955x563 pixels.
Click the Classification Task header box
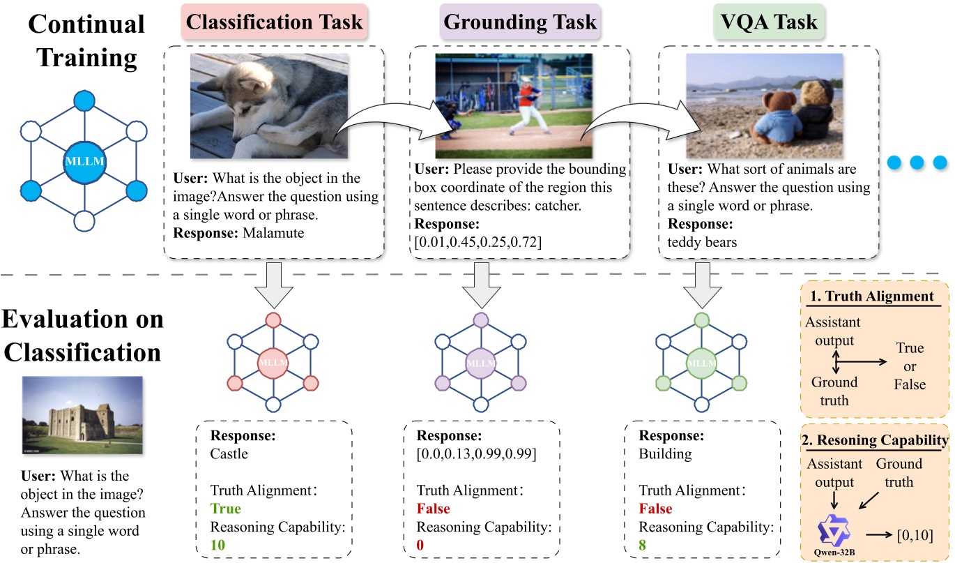[x=275, y=22]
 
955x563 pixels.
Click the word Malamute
[x=274, y=233]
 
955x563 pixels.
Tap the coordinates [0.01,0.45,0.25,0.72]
[x=478, y=241]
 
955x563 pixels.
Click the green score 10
[x=218, y=544]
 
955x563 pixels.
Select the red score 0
[x=421, y=544]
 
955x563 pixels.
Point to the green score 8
[x=643, y=544]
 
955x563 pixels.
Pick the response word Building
[x=665, y=454]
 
